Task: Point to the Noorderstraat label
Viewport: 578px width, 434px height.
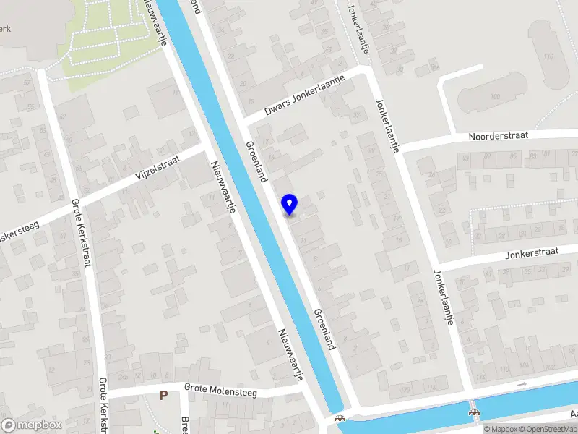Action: (499, 135)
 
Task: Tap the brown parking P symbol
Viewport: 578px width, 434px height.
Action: (164, 396)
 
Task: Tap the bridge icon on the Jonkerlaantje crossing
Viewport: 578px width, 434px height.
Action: (474, 412)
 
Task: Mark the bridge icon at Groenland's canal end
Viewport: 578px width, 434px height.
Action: (339, 419)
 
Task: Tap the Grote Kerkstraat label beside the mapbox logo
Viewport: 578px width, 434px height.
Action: (103, 405)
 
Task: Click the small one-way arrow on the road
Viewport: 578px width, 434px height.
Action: (522, 384)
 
